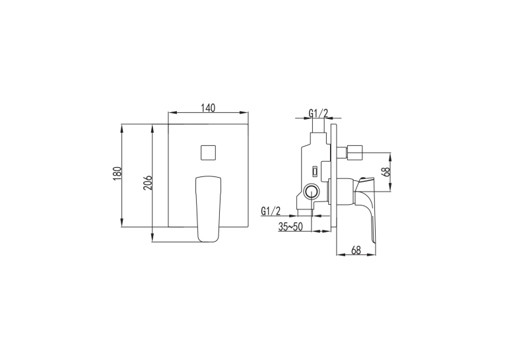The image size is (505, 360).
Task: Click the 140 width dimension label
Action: click(208, 108)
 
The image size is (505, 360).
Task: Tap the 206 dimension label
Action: click(147, 182)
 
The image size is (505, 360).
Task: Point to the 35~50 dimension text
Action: click(290, 227)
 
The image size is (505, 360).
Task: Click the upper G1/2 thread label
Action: click(318, 113)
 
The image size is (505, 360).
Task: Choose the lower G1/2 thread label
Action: click(271, 211)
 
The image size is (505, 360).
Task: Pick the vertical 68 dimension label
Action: click(386, 171)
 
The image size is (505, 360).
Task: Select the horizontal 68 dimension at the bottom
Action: click(356, 250)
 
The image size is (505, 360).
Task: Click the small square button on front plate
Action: click(208, 152)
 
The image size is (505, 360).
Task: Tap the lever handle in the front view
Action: click(209, 209)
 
